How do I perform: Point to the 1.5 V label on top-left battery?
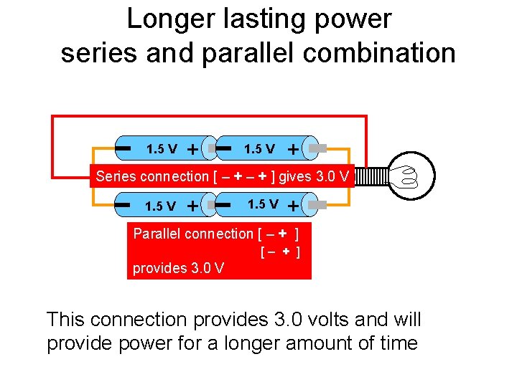click(x=162, y=150)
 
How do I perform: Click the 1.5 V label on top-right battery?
click(x=259, y=150)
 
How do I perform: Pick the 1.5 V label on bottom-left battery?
click(x=161, y=206)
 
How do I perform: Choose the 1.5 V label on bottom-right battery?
click(x=263, y=205)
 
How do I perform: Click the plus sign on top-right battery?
click(x=293, y=150)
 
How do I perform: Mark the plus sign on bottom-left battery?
click(x=192, y=206)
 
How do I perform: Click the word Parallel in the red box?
click(x=156, y=234)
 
